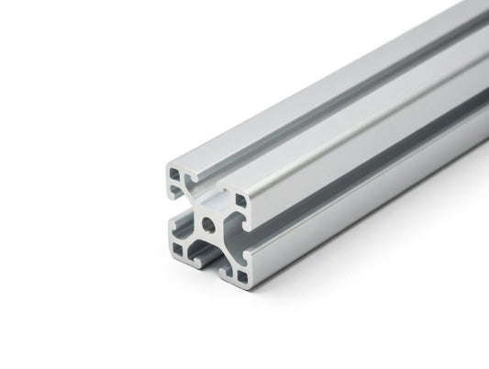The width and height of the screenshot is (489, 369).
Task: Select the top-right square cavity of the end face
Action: click(240, 199)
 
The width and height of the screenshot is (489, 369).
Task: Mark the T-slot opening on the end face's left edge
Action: click(174, 210)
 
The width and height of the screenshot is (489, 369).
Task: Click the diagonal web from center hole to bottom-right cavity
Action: click(226, 248)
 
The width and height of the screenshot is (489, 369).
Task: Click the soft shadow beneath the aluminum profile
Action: click(321, 275)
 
